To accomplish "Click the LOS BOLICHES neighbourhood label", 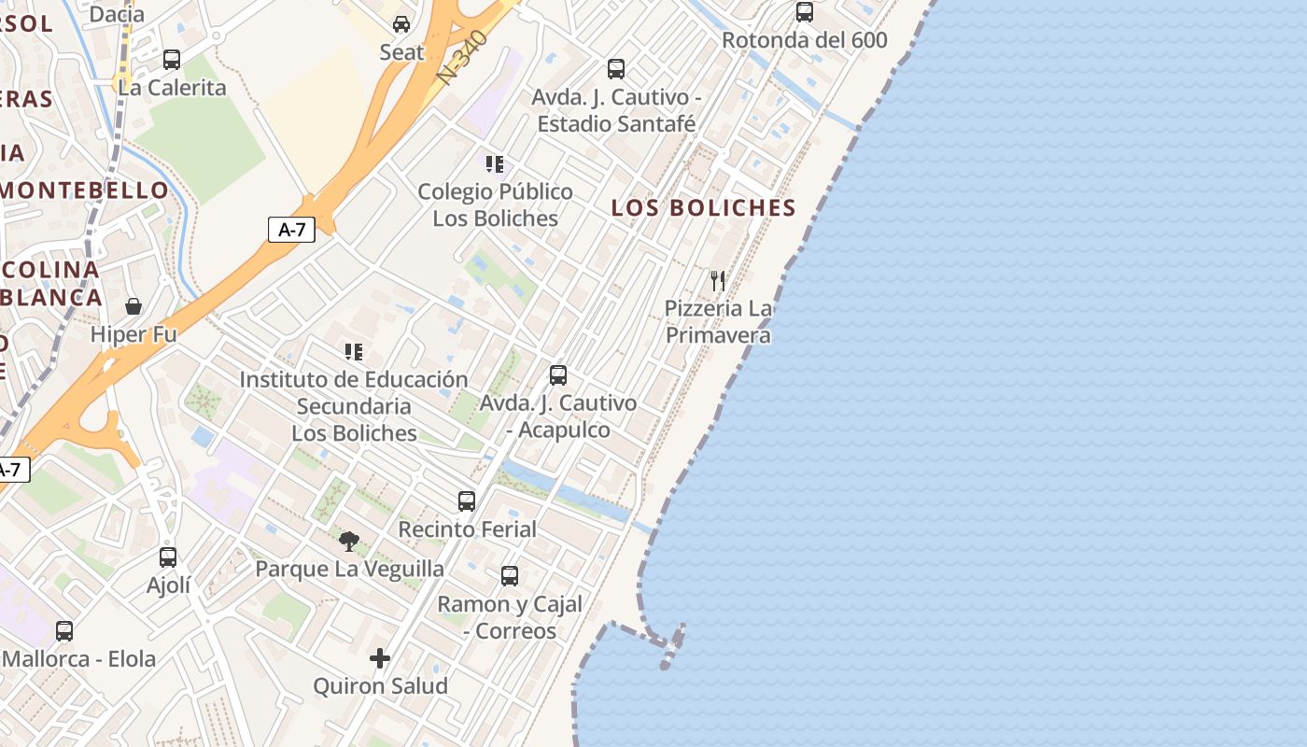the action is click(x=703, y=208).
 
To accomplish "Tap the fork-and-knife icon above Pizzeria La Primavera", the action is click(x=717, y=280).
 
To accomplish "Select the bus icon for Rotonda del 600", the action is click(x=804, y=12).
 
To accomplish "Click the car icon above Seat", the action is click(x=401, y=24).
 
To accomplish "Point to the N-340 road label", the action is click(x=464, y=59).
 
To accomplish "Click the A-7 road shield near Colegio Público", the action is click(x=291, y=230).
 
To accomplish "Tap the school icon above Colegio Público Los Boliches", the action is click(x=495, y=164).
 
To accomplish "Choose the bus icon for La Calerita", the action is click(x=172, y=60).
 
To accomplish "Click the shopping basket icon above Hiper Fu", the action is click(x=134, y=306).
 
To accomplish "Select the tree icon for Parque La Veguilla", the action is click(x=349, y=541).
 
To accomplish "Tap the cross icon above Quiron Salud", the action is click(x=380, y=658).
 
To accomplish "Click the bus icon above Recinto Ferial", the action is click(x=467, y=501).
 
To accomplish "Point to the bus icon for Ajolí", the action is click(x=168, y=557).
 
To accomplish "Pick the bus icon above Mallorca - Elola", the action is click(x=64, y=631).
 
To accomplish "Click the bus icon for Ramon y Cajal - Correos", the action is click(x=510, y=576).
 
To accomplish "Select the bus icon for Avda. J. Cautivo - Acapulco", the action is click(x=558, y=375).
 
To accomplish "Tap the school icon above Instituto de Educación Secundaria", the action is click(x=353, y=352).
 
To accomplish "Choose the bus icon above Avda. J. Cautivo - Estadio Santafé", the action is click(x=616, y=69).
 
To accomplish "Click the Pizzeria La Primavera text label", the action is click(x=718, y=321).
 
